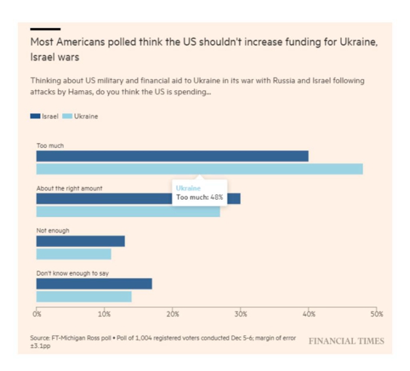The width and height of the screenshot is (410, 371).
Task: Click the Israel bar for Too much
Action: pyautogui.click(x=172, y=156)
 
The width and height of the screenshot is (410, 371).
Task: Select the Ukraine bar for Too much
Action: pyautogui.click(x=200, y=169)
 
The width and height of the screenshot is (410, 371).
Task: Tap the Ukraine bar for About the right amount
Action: pyautogui.click(x=128, y=211)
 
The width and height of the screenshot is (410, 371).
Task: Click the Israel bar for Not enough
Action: pyautogui.click(x=80, y=241)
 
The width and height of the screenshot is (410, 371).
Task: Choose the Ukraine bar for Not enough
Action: pyautogui.click(x=74, y=254)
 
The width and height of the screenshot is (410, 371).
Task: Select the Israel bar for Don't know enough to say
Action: pyautogui.click(x=94, y=284)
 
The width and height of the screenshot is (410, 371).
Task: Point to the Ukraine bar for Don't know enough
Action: pyautogui.click(x=84, y=296)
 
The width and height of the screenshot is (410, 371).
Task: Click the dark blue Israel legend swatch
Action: pyautogui.click(x=35, y=116)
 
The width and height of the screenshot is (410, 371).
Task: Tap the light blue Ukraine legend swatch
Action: pyautogui.click(x=67, y=116)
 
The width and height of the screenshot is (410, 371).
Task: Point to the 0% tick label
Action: pyautogui.click(x=37, y=314)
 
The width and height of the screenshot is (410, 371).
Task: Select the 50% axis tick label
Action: pyautogui.click(x=377, y=314)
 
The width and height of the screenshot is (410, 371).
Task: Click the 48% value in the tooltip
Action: pyautogui.click(x=217, y=197)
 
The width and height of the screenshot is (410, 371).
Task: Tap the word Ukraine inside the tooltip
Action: pyautogui.click(x=188, y=188)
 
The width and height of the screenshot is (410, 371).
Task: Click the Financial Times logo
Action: pyautogui.click(x=347, y=341)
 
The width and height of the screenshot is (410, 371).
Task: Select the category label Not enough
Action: pyautogui.click(x=53, y=231)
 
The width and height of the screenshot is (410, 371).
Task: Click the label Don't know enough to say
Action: pyautogui.click(x=72, y=273)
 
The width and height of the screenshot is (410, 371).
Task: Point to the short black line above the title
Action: pyautogui.click(x=45, y=29)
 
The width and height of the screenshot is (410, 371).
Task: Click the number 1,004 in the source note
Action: pyautogui.click(x=143, y=338)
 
